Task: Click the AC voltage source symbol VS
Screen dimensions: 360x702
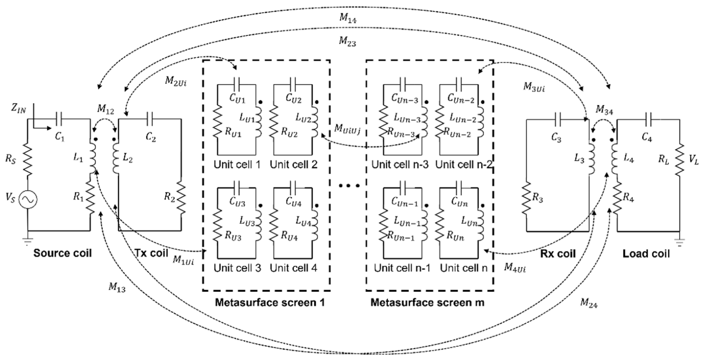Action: [27, 200]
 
